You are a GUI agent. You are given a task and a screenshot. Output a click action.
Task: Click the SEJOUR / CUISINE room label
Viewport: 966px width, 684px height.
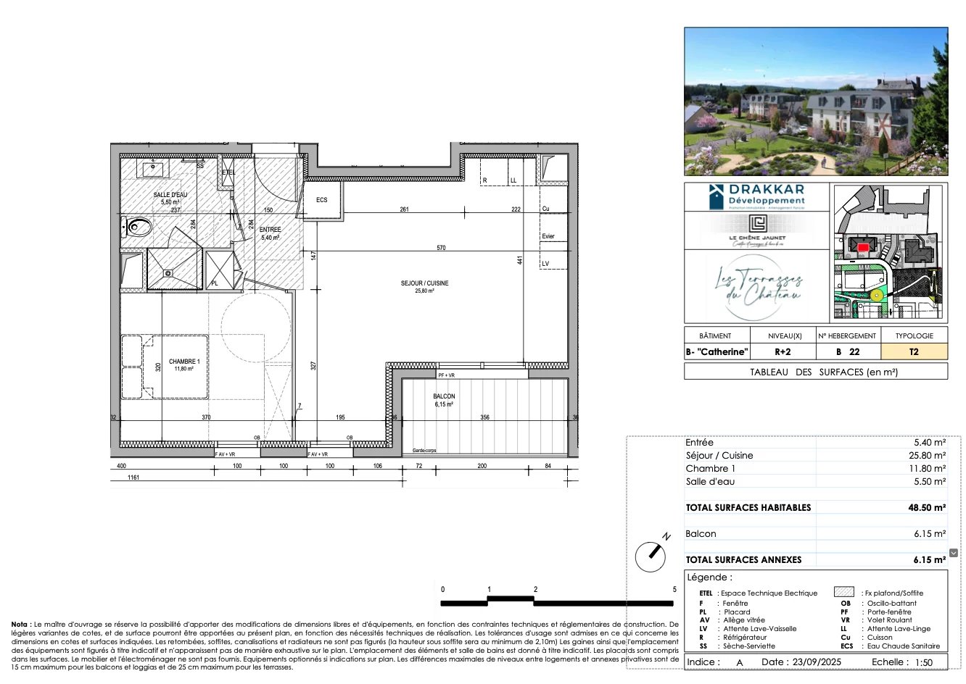point(424,283)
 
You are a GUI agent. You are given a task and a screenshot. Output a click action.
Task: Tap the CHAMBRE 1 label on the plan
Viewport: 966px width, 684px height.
point(184,362)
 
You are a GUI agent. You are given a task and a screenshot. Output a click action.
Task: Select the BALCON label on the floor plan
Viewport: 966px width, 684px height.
point(444,396)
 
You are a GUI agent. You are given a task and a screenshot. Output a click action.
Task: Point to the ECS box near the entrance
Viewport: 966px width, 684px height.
point(321,201)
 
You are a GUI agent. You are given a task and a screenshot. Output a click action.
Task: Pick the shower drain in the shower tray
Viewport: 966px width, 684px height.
point(168,273)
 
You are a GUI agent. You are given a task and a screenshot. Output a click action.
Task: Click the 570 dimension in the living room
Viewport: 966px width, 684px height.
point(441,248)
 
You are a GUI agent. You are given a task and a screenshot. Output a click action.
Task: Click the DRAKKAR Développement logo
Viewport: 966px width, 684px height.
point(756,196)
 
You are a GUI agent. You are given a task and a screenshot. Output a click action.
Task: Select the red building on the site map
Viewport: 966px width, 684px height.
point(863,247)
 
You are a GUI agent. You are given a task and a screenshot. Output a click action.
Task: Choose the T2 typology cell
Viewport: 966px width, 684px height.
point(914,352)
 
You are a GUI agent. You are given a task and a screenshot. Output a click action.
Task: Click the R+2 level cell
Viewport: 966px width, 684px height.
point(783,352)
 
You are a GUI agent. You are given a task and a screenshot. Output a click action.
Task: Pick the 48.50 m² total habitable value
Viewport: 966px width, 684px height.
point(927,508)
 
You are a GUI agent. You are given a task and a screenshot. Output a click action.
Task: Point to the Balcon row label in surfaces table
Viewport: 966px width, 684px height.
point(701,534)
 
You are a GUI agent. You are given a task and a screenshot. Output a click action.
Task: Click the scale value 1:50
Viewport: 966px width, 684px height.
point(924,662)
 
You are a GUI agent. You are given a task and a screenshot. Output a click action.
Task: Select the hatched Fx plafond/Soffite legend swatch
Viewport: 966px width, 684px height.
point(843,593)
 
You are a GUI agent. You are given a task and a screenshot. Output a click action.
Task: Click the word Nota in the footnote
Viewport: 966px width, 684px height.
point(20,624)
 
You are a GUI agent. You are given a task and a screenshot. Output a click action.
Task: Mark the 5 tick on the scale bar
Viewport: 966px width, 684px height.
point(674,590)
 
